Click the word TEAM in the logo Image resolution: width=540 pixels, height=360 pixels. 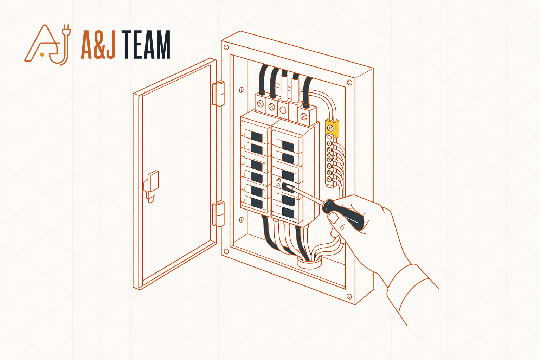point(147,45)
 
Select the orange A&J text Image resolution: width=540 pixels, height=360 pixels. point(98,45)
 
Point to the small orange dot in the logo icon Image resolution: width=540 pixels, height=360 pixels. point(42,55)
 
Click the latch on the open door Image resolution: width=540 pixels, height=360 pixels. point(152,186)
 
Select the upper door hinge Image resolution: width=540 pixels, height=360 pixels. point(219,93)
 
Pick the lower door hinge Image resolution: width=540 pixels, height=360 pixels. point(219,214)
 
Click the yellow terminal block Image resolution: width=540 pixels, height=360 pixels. point(332,129)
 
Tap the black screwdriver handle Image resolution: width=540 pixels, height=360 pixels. point(343,214)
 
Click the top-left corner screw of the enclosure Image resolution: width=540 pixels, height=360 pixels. point(226,47)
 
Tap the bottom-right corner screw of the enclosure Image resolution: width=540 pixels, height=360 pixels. point(349,296)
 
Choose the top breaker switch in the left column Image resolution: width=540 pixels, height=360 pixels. point(257,137)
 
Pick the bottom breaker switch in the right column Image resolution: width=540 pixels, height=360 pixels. point(288,212)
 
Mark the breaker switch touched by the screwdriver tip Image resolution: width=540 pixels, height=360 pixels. point(288,188)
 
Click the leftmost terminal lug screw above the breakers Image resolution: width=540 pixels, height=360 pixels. point(261,104)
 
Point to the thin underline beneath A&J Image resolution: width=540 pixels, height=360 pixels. point(102,64)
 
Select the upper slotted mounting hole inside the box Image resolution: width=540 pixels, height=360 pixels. point(241,90)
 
